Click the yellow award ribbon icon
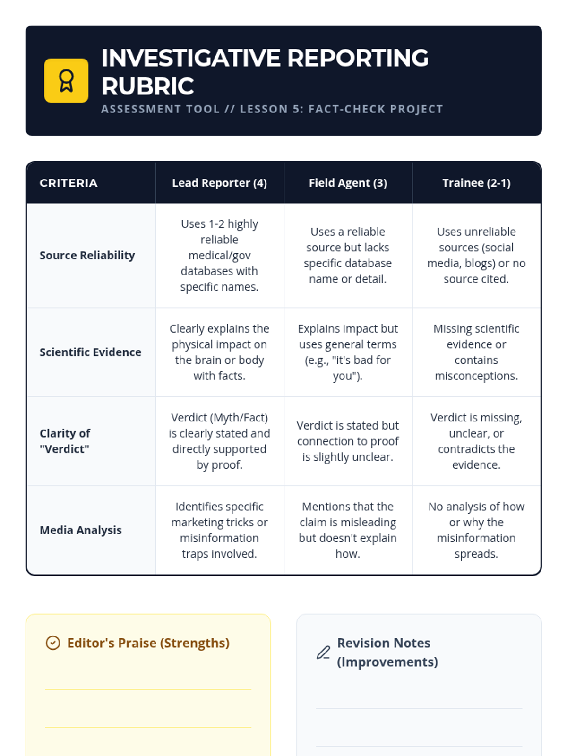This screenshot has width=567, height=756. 66,81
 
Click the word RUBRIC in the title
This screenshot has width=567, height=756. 148,86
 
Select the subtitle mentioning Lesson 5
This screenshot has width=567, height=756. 272,109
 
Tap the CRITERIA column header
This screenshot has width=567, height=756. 69,183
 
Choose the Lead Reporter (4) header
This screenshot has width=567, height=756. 220,183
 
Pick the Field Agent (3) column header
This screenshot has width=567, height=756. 348,183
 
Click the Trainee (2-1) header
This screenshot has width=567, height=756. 476,183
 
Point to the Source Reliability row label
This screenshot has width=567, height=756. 87,255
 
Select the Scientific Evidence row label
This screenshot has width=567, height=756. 91,352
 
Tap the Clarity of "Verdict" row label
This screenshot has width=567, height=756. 65,441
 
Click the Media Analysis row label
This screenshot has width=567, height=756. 80,530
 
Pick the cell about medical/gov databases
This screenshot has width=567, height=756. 220,255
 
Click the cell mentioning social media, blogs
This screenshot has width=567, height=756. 476,255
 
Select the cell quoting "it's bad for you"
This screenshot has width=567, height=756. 348,352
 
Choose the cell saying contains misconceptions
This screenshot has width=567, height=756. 476,352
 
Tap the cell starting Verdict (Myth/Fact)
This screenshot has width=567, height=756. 220,441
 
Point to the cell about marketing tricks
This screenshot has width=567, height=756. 220,530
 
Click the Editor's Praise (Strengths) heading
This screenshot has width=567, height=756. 148,643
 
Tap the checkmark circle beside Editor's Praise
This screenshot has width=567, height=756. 53,643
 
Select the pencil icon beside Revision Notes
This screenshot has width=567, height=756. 324,653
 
